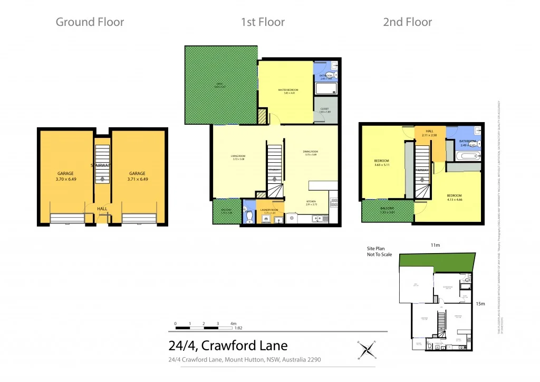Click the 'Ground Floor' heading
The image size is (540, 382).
pyautogui.click(x=90, y=22)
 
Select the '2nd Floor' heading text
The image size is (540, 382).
pyautogui.click(x=407, y=22)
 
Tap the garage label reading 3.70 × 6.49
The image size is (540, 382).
pyautogui.click(x=65, y=176)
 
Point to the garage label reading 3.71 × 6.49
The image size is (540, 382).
pyautogui.click(x=137, y=176)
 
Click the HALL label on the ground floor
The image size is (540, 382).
pyautogui.click(x=102, y=209)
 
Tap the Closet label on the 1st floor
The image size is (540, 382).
pyautogui.click(x=325, y=110)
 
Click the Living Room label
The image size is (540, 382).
pyautogui.click(x=238, y=157)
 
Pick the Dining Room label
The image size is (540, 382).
pyautogui.click(x=311, y=153)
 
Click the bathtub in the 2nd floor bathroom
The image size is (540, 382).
pyautogui.click(x=467, y=155)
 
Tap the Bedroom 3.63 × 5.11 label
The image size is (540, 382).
pyautogui.click(x=381, y=163)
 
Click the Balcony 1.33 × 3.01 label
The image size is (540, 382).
pyautogui.click(x=387, y=210)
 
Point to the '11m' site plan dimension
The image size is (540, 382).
pyautogui.click(x=435, y=246)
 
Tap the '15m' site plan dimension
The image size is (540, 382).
pyautogui.click(x=480, y=303)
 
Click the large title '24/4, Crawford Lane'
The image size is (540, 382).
pyautogui.click(x=228, y=346)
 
